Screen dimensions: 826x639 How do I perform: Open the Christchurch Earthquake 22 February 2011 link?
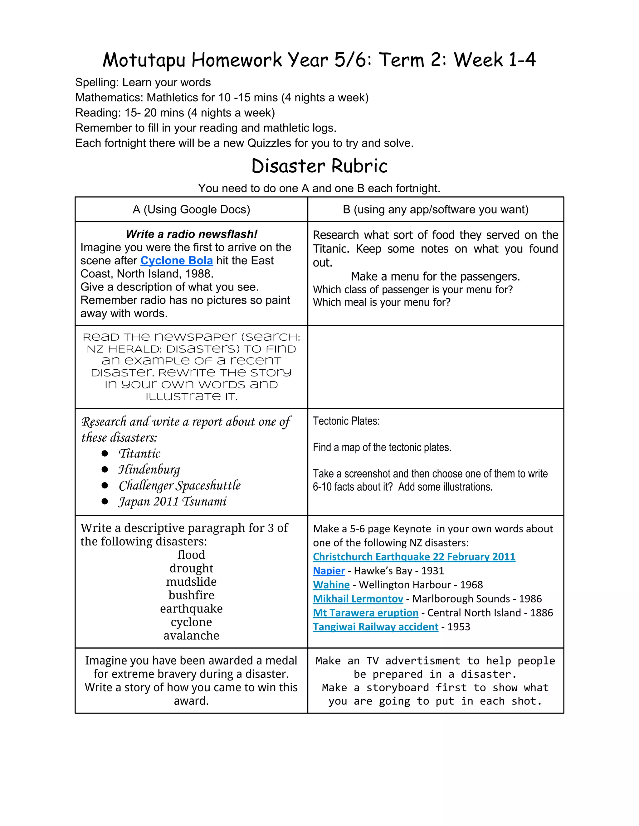pos(414,557)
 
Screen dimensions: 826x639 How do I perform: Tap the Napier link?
pos(329,571)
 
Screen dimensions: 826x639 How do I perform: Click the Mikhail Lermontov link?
pos(358,599)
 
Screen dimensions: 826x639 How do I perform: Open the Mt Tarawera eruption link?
pos(365,613)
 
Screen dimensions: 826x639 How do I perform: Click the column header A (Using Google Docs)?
pos(191,209)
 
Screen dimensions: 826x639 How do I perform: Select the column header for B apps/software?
pos(435,209)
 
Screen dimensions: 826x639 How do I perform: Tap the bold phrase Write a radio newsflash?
pos(191,234)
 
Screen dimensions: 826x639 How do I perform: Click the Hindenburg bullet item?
pos(149,469)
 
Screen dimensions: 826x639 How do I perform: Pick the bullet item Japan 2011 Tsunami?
pos(172,502)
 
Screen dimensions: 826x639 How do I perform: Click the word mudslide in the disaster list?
pos(191,582)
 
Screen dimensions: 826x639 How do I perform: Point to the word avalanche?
pos(191,635)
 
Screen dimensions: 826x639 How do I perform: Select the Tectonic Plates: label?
pos(346,421)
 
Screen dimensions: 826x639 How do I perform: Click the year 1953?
pos(458,627)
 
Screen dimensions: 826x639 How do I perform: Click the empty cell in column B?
pos(435,367)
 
